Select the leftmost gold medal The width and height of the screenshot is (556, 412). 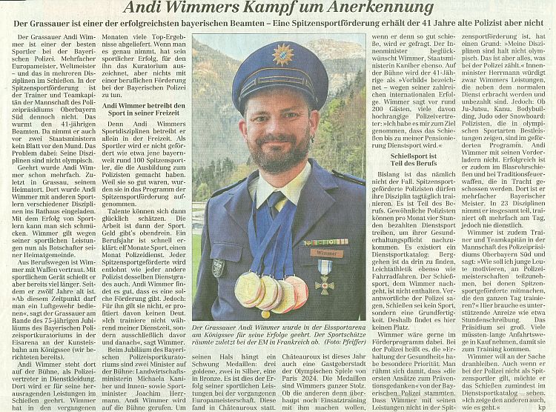pos(248,290)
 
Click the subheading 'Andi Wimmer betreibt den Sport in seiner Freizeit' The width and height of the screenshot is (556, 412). pos(140,111)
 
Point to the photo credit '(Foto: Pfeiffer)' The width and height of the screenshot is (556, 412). pos(343,343)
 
